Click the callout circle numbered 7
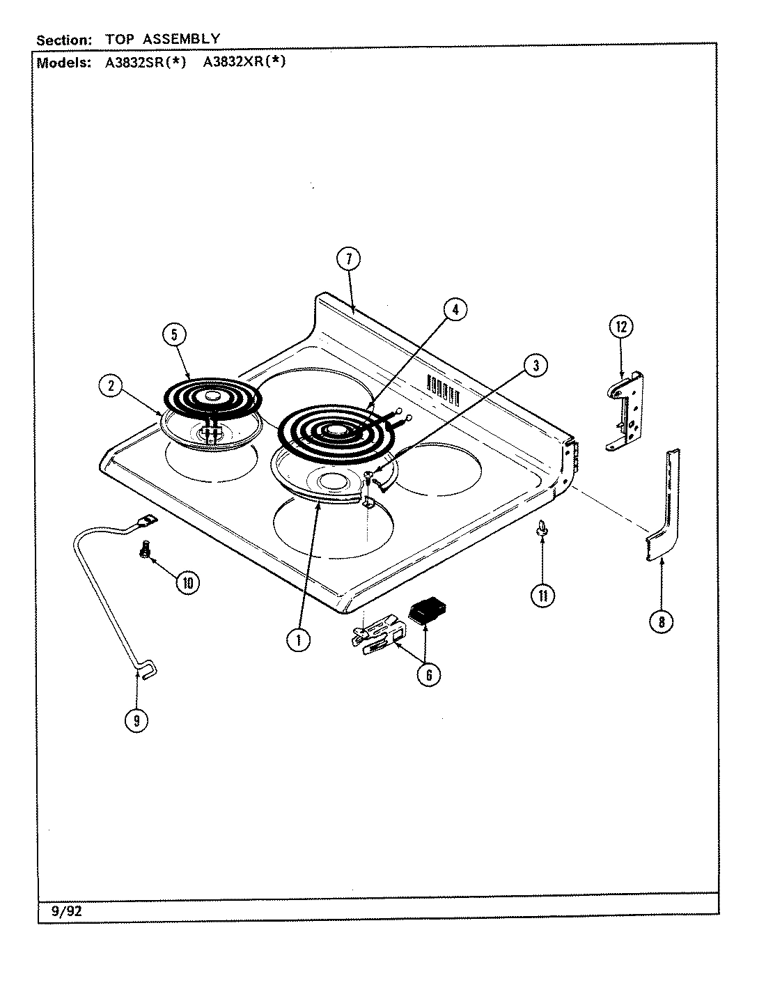(349, 259)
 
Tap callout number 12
(621, 326)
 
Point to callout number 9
(136, 720)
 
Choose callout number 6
(428, 674)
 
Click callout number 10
(186, 582)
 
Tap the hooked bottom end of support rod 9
(146, 670)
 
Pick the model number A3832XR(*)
(244, 61)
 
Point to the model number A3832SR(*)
(145, 61)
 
